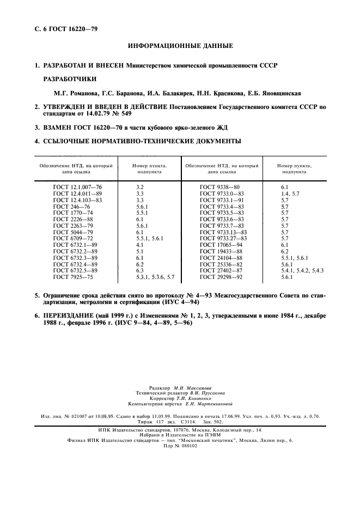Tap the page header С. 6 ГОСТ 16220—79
pyautogui.click(x=63, y=28)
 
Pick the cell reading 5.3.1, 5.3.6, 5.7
pyautogui.click(x=155, y=277)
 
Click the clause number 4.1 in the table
pyautogui.click(x=139, y=245)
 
